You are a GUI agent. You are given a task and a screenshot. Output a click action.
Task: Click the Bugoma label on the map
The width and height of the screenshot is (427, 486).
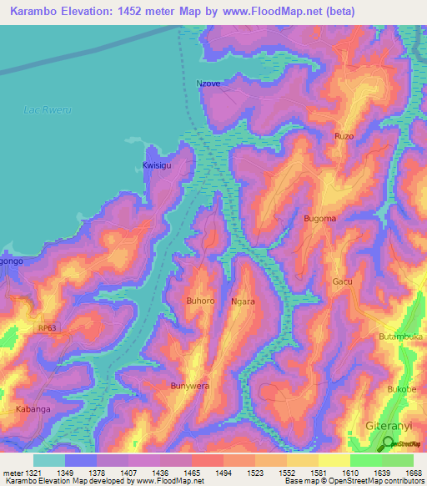[x=319, y=219]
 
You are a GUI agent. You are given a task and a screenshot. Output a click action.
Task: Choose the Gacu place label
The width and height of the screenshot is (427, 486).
[x=342, y=282]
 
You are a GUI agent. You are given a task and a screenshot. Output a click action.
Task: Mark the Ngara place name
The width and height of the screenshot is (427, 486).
[x=243, y=301]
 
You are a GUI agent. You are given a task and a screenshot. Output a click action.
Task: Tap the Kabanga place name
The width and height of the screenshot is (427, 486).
[x=33, y=409]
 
